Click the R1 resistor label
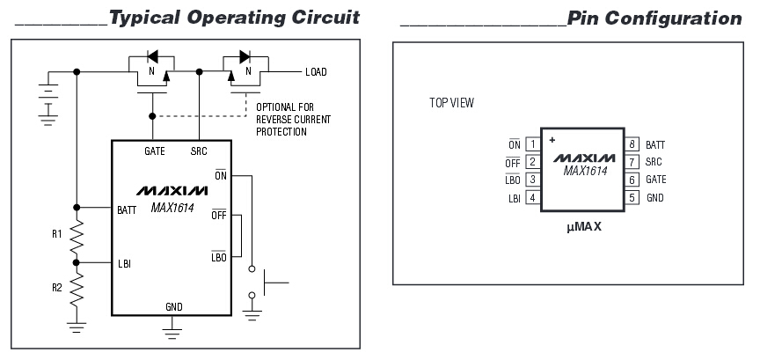(x=57, y=234)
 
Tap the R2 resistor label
(x=57, y=288)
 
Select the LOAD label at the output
(x=316, y=72)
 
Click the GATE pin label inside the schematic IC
(x=155, y=151)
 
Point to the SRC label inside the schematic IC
(x=199, y=151)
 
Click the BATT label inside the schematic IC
(x=127, y=210)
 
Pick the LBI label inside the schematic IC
(x=124, y=264)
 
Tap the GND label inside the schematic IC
(x=174, y=307)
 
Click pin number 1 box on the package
(x=533, y=144)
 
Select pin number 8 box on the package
(x=632, y=144)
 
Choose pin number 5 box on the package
(x=632, y=197)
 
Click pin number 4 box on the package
(x=533, y=197)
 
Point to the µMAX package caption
(x=584, y=226)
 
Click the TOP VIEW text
(x=452, y=103)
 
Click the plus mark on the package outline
(x=552, y=140)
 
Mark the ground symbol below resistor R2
(x=77, y=327)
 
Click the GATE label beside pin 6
(x=656, y=180)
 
